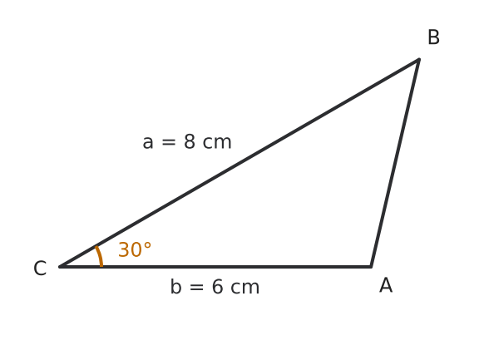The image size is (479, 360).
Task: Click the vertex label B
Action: pyautogui.click(x=434, y=37)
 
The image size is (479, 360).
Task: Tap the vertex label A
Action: pyautogui.click(x=386, y=285)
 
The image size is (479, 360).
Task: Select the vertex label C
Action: pyautogui.click(x=40, y=269)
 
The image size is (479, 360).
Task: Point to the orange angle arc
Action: pyautogui.click(x=100, y=256)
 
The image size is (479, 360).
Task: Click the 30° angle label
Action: pyautogui.click(x=135, y=249)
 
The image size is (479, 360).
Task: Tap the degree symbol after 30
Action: pyautogui.click(x=147, y=246)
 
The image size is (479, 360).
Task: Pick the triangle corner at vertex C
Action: pyautogui.click(x=60, y=267)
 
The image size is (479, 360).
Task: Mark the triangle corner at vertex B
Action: pyautogui.click(x=419, y=59)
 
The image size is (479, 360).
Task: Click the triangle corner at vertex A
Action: pyautogui.click(x=371, y=267)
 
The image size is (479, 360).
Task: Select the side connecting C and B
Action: pyautogui.click(x=239, y=163)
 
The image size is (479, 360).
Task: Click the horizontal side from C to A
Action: pyautogui.click(x=215, y=267)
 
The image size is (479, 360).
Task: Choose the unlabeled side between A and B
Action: pyautogui.click(x=395, y=163)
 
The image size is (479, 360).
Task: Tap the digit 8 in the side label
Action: pyautogui.click(x=190, y=141)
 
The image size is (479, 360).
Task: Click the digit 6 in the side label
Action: pyautogui.click(x=217, y=287)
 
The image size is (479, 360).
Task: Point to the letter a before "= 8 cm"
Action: pyautogui.click(x=148, y=143)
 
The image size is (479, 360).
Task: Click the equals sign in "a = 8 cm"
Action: pyautogui.click(x=169, y=142)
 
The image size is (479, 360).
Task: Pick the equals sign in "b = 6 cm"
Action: pyautogui.click(x=196, y=288)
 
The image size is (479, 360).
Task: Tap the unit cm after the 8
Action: pyautogui.click(x=217, y=143)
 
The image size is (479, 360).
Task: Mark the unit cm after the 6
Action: pyautogui.click(x=245, y=288)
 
